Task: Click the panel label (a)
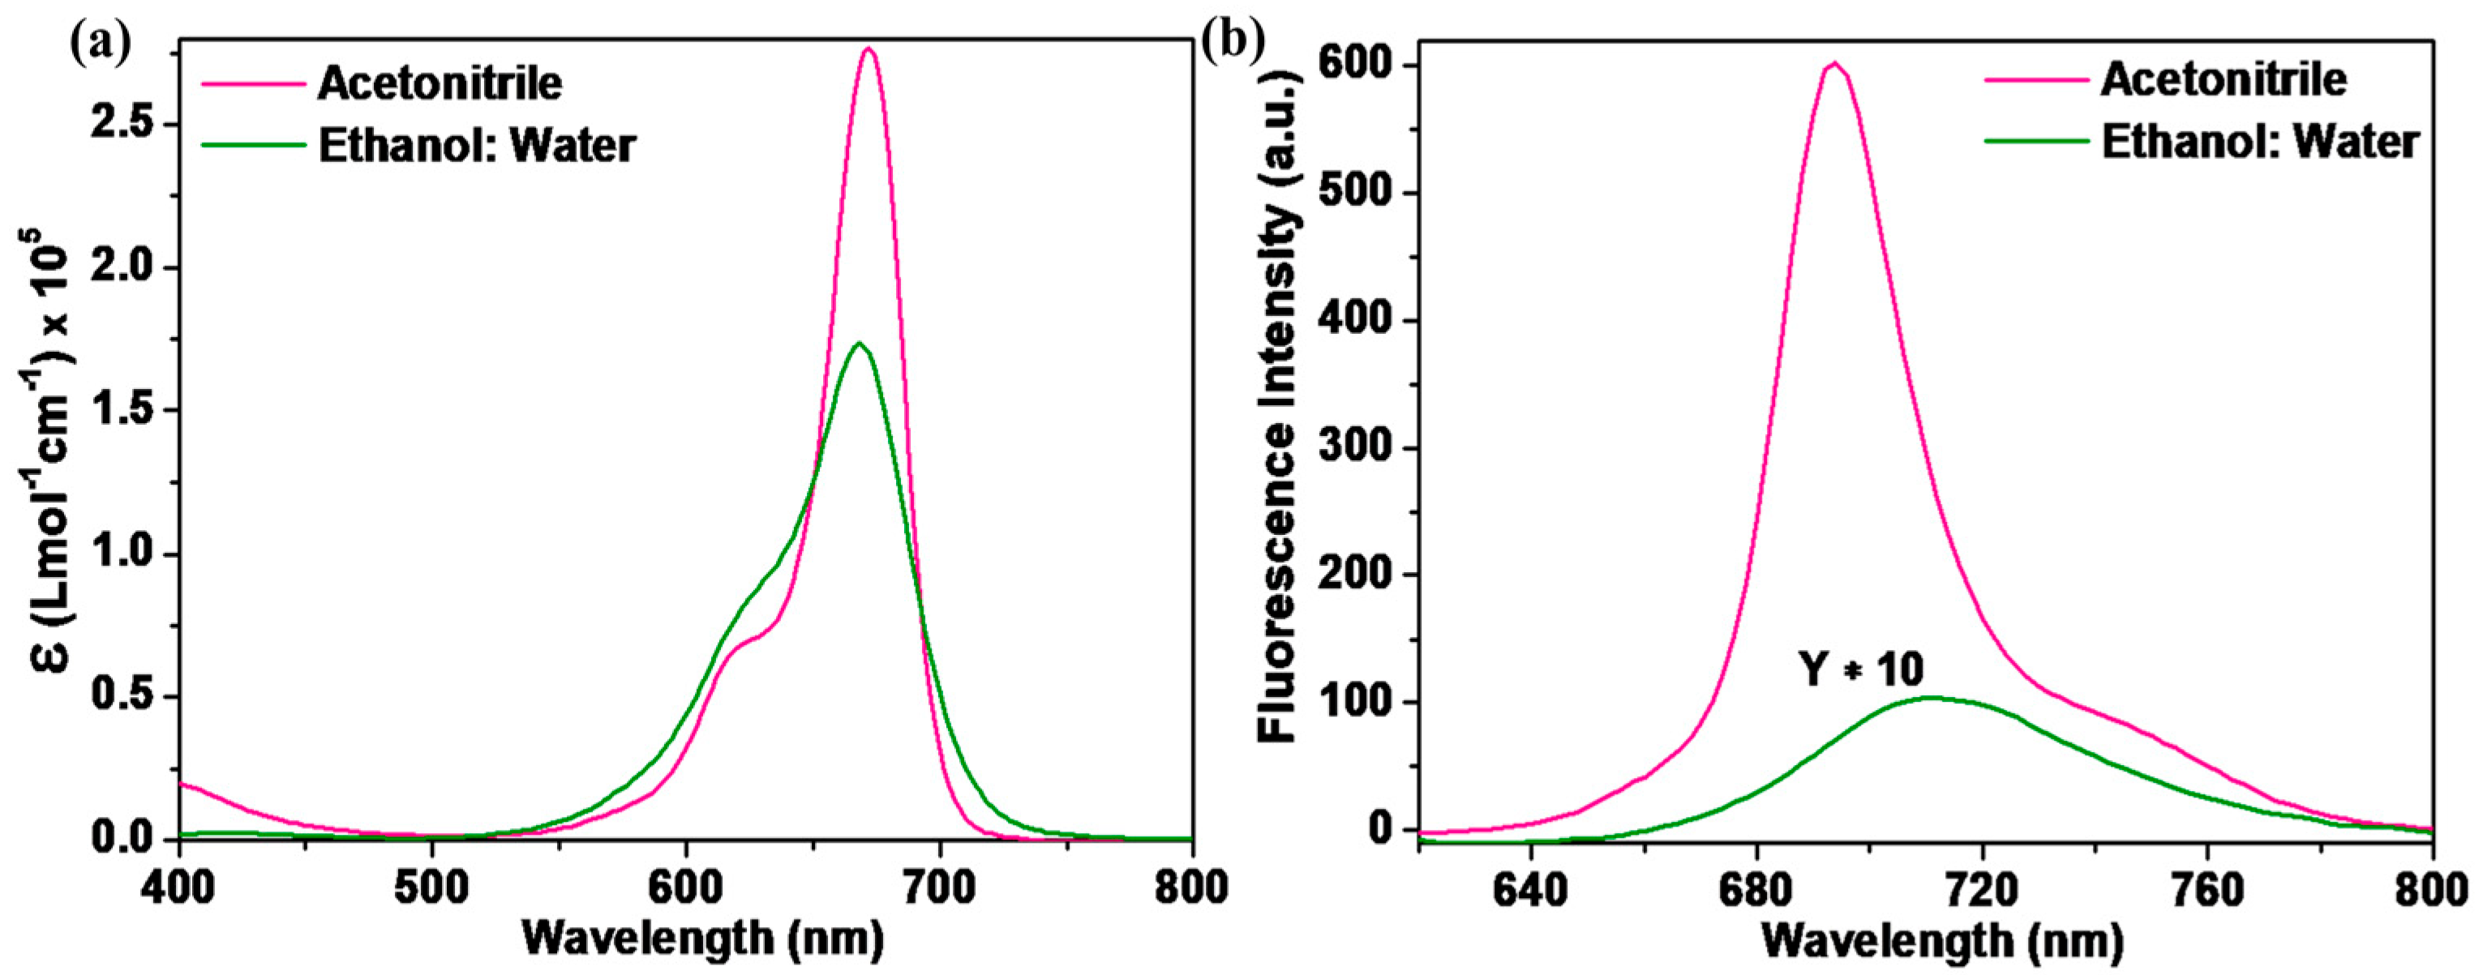tap(99, 43)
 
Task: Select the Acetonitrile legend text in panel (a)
tap(440, 83)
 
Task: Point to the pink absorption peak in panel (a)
tap(868, 49)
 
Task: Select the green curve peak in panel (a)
tap(859, 343)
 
